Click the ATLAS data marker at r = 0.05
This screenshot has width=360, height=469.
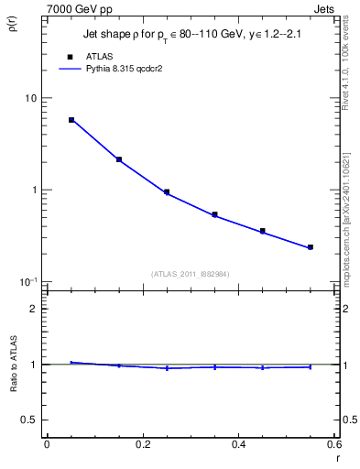(x=71, y=120)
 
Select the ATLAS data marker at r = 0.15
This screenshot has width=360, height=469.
(x=119, y=159)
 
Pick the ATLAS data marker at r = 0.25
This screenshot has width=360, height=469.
(x=167, y=192)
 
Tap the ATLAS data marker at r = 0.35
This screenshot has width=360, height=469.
(x=214, y=214)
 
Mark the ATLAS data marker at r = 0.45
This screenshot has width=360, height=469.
(x=263, y=231)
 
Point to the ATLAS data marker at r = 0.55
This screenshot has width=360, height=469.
(x=311, y=247)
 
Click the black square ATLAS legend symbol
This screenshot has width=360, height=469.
(x=70, y=56)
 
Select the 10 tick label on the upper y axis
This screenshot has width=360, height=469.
(x=30, y=99)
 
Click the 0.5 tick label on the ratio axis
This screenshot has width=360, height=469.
(x=30, y=420)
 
